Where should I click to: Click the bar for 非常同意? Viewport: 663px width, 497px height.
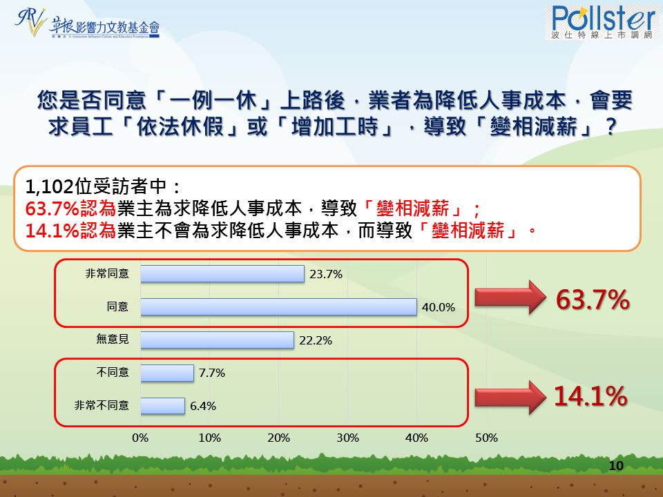(x=222, y=274)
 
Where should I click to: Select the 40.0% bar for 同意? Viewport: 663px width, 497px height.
(x=278, y=306)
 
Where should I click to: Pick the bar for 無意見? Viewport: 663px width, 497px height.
(x=218, y=340)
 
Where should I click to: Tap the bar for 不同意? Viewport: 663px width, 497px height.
(x=167, y=373)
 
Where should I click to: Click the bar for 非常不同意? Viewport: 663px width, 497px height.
(x=163, y=406)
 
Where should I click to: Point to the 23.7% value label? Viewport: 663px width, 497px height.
(x=326, y=274)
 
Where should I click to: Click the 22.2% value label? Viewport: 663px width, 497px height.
(x=316, y=340)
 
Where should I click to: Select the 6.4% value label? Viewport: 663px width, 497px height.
(x=203, y=406)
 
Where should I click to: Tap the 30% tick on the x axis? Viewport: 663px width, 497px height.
(x=347, y=438)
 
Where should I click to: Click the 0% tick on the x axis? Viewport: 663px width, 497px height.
(x=140, y=438)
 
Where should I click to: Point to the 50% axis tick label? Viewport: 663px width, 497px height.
(x=486, y=438)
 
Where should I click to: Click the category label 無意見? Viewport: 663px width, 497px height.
(x=113, y=339)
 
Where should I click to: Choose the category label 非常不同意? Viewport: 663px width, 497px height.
(x=102, y=406)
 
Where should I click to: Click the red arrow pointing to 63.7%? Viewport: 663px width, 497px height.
(x=510, y=298)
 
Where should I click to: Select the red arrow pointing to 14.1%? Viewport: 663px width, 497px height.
(x=510, y=398)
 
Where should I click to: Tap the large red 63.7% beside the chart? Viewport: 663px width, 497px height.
(x=593, y=300)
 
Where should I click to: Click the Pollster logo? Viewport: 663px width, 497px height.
(x=602, y=22)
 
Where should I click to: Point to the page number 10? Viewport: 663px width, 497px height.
(x=616, y=466)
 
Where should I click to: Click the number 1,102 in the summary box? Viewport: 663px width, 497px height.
(x=49, y=186)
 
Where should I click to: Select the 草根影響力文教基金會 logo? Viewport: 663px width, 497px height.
(x=87, y=23)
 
